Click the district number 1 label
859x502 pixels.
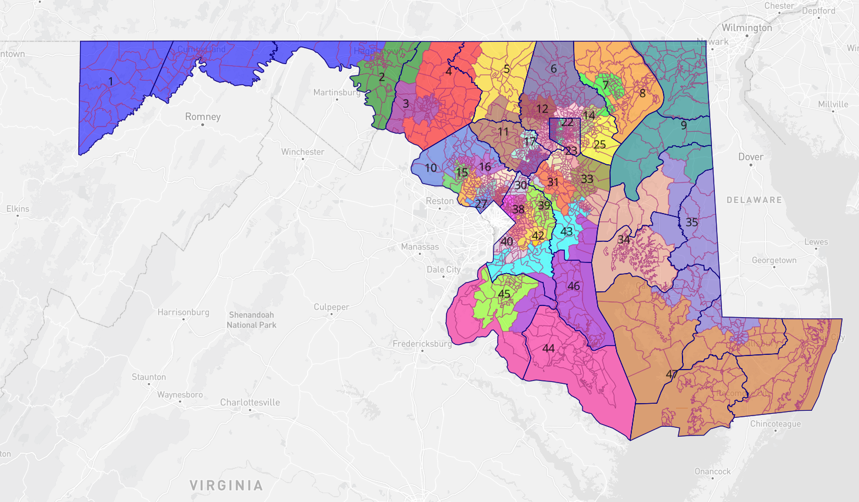111,81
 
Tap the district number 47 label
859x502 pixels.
671,374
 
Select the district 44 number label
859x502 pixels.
548,348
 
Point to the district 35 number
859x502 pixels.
692,222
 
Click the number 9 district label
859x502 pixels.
684,125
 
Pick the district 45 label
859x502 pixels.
504,294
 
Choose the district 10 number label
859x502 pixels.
431,168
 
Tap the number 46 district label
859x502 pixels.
574,286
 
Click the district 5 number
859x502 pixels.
507,69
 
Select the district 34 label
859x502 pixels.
624,240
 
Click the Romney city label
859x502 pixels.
203,117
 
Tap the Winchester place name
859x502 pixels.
302,152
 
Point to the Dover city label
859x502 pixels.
751,157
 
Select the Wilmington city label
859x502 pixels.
747,28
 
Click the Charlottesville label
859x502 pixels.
250,403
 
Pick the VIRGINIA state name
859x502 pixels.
226,486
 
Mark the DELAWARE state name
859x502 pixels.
754,200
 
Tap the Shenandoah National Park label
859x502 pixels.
251,320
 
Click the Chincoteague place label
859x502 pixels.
775,424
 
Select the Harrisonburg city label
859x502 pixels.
183,312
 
